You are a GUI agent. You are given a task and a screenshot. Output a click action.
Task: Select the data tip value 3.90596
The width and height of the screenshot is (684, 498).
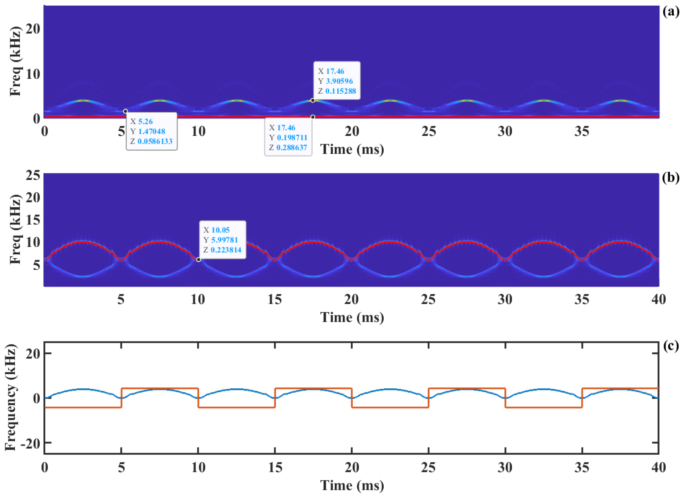pos(339,81)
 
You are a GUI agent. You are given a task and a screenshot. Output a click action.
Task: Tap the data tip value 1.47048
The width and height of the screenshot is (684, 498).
pos(152,131)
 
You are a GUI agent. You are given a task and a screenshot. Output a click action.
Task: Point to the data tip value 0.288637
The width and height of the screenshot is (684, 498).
pos(292,148)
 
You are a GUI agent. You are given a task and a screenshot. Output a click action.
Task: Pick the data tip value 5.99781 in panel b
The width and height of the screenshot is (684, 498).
pos(225,240)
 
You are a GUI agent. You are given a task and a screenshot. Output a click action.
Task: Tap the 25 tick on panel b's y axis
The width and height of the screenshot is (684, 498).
pos(33,175)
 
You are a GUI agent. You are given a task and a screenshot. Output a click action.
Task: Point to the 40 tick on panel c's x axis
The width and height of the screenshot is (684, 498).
pos(658,468)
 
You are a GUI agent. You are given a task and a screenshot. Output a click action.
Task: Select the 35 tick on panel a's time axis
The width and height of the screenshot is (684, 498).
pos(582,131)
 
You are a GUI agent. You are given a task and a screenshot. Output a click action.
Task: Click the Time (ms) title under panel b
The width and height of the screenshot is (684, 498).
pos(352,317)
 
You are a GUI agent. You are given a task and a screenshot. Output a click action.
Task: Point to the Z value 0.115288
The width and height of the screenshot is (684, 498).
pos(340,91)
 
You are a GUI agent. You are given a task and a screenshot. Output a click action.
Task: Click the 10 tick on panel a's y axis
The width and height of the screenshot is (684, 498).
pos(33,74)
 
